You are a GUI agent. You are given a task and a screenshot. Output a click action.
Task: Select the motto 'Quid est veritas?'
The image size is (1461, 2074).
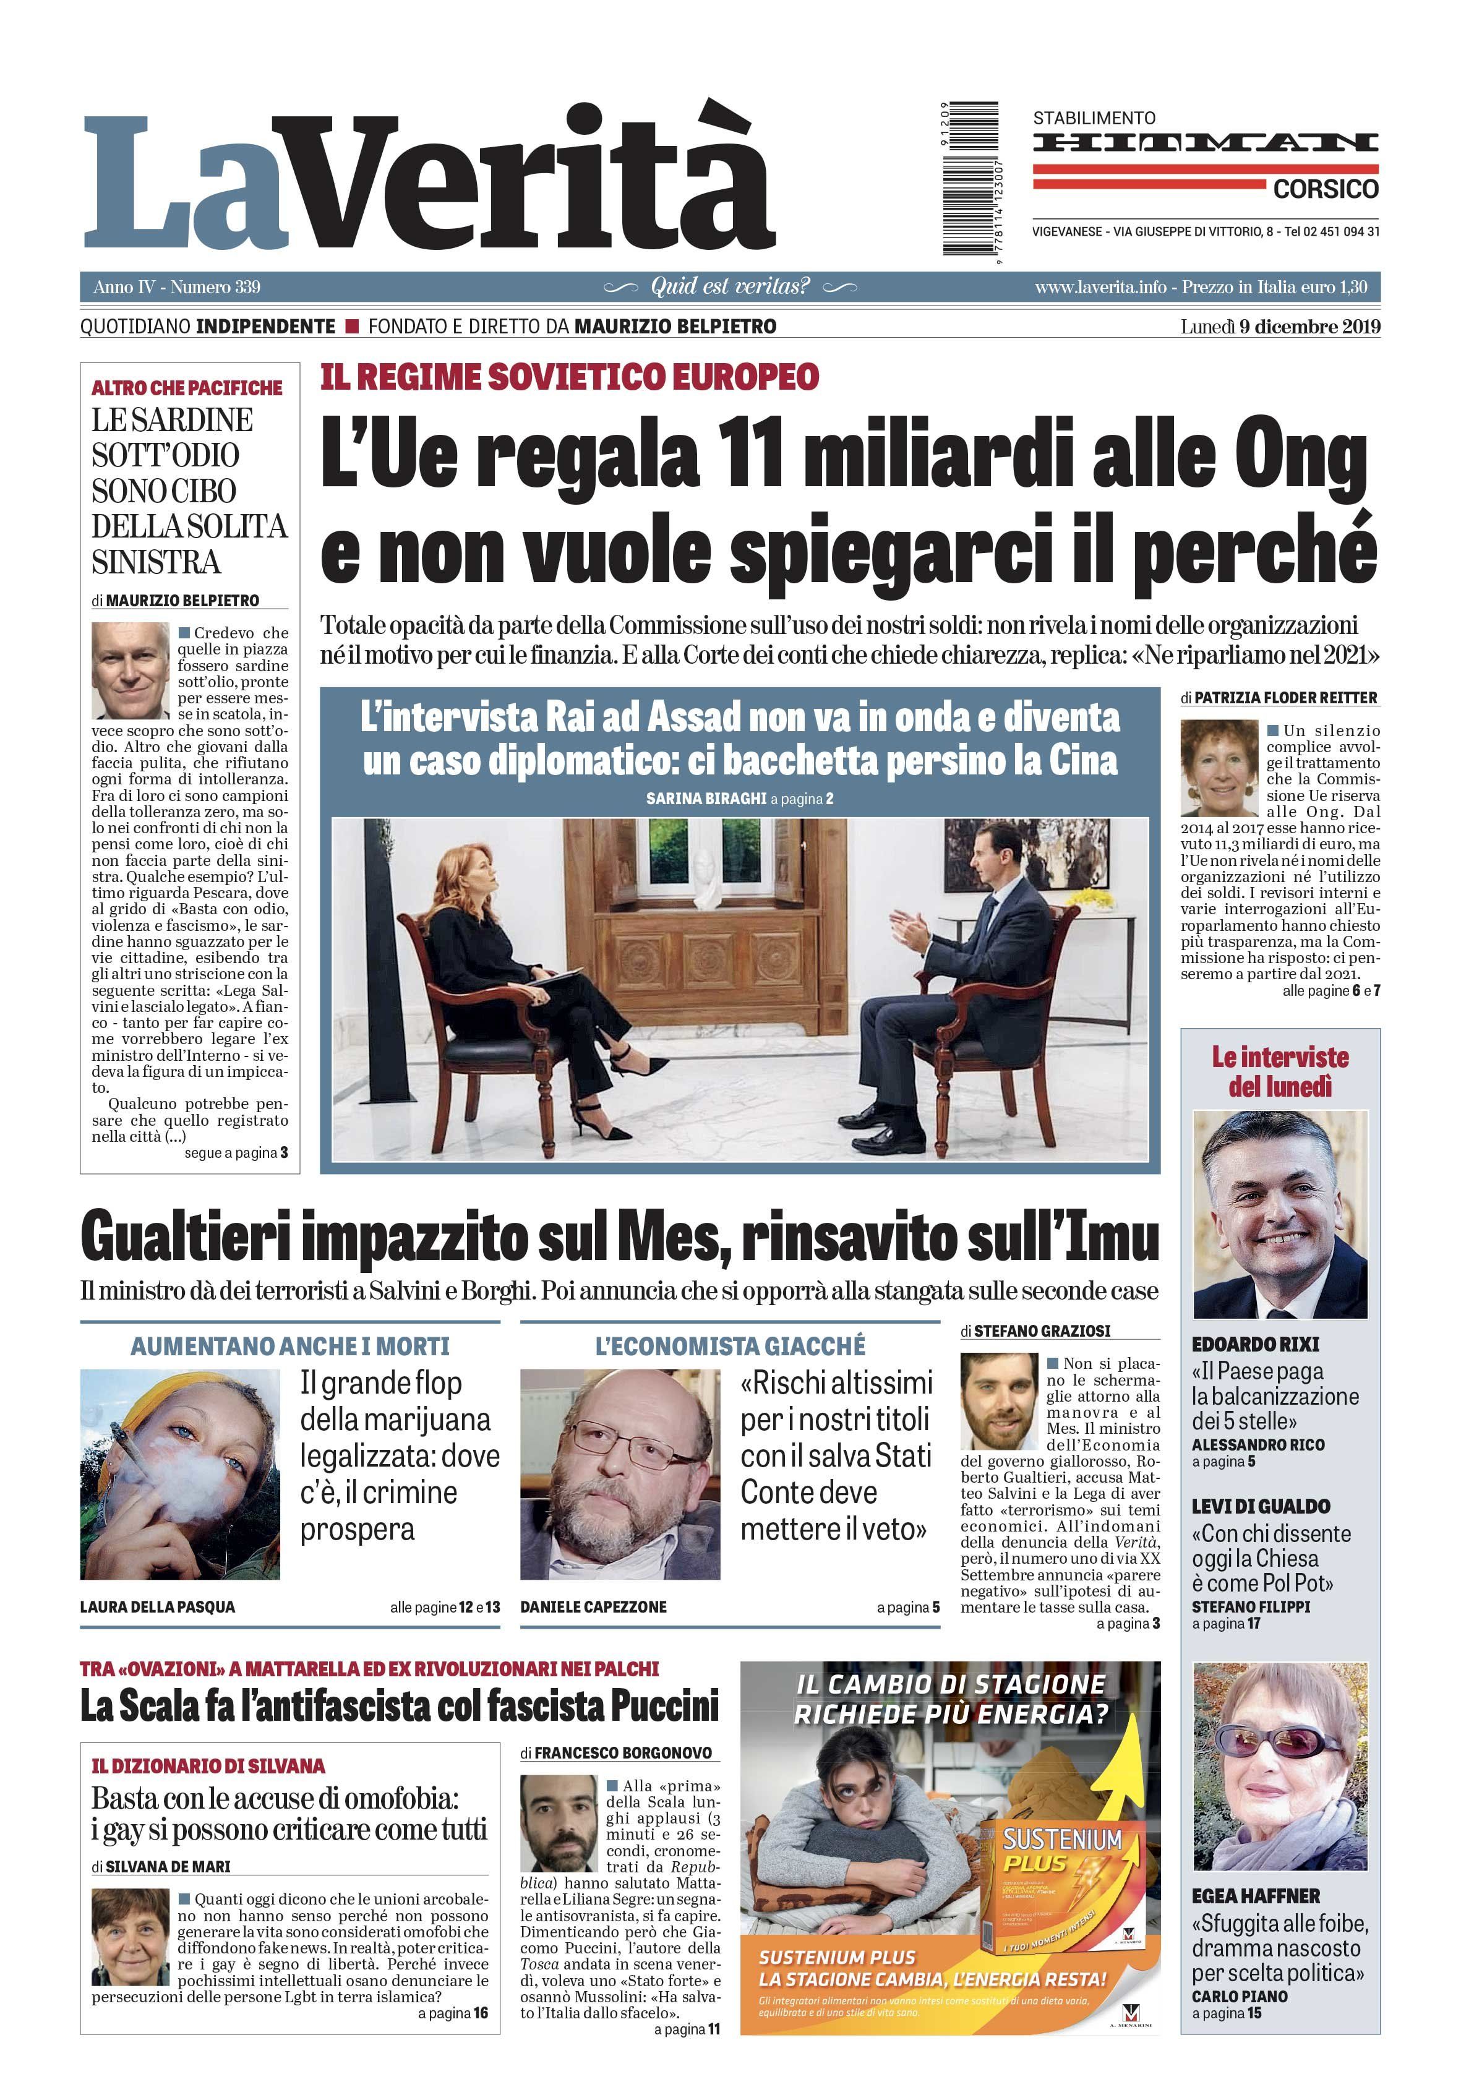tap(730, 287)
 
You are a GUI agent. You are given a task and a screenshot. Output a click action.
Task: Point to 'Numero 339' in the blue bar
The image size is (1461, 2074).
tap(215, 287)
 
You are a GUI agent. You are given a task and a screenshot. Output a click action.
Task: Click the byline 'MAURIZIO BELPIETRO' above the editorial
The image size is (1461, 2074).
tap(182, 600)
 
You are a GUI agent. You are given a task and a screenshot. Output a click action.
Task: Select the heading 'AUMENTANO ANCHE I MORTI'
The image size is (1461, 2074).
tap(289, 1346)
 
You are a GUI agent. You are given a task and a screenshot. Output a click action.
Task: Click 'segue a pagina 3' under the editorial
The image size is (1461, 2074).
tap(236, 1152)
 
